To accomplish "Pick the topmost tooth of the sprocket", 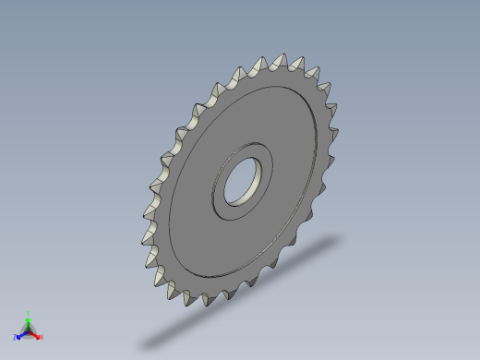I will (x=278, y=60).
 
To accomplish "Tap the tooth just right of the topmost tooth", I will (x=298, y=61).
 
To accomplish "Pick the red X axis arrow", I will (x=36, y=334).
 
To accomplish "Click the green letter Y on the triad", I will (x=29, y=313).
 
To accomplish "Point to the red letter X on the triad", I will (x=42, y=337).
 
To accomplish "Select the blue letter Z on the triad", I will (x=16, y=337).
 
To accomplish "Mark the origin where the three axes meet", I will (x=29, y=330).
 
